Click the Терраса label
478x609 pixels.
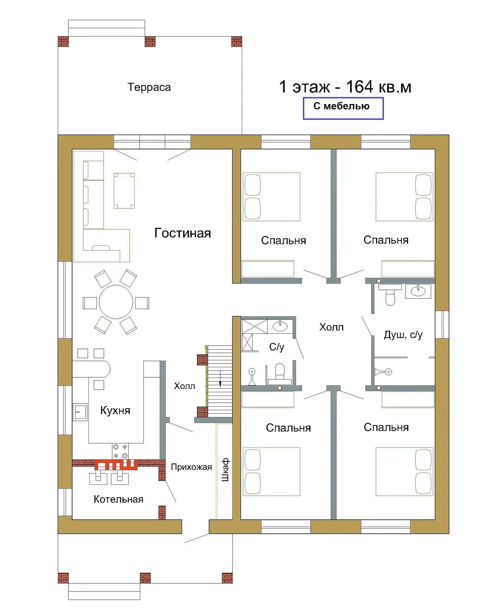point(149,87)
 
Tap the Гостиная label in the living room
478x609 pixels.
point(182,233)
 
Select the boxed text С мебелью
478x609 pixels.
point(341,106)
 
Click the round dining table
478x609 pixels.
point(116,302)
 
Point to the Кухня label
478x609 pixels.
point(115,410)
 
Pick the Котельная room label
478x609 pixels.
point(118,499)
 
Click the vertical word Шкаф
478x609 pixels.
point(225,470)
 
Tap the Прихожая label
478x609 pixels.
point(191,467)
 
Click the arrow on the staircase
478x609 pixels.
point(220,378)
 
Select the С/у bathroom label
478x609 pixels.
point(276,347)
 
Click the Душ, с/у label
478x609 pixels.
point(403,335)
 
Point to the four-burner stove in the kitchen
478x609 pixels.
point(120,451)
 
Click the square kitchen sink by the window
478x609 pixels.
point(80,412)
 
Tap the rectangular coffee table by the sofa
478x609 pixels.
point(124,190)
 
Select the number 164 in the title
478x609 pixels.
point(360,86)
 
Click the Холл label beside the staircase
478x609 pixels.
point(184,386)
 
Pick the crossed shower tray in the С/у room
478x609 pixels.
point(255,327)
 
